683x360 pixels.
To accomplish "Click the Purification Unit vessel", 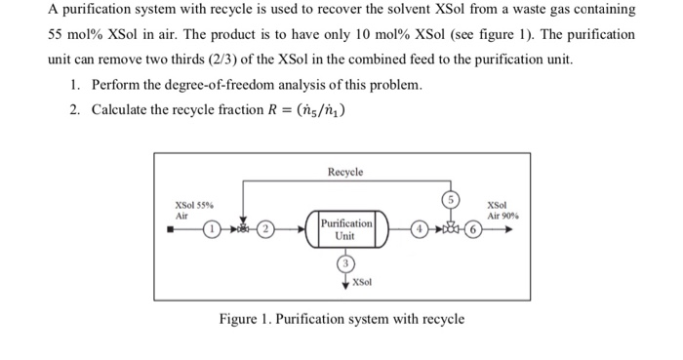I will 346,230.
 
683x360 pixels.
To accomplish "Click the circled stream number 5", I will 450,198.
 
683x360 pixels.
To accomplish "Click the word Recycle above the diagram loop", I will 345,172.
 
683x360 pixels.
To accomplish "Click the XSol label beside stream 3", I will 362,282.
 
